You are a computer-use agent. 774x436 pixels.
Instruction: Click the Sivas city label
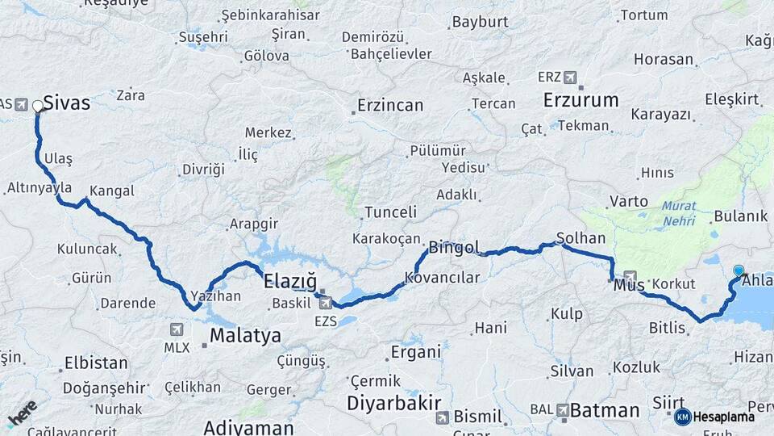66,103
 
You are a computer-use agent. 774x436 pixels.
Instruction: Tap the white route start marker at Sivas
38,106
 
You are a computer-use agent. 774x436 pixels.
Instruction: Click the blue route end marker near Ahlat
739,270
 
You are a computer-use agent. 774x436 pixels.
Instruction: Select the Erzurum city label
580,100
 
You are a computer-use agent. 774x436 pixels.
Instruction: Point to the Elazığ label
289,281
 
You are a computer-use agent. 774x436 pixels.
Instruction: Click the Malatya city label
245,335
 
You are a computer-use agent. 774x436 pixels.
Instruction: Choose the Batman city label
605,409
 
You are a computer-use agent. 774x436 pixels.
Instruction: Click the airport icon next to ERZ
571,78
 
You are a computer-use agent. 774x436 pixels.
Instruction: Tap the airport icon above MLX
177,329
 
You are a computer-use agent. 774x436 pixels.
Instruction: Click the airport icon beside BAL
563,410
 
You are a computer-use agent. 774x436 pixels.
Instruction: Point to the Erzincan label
390,106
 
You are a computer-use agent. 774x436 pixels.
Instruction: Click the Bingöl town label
454,247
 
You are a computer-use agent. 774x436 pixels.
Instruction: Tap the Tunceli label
390,212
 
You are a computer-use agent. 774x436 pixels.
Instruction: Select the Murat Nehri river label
679,212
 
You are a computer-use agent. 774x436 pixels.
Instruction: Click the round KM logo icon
682,417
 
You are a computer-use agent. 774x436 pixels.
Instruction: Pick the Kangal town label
112,191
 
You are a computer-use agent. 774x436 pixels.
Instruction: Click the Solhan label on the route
580,239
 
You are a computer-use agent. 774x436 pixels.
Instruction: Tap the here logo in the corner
22,412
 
